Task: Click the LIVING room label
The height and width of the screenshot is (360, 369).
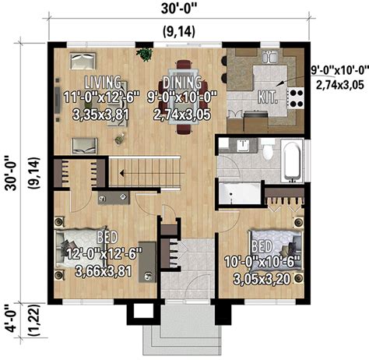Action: pos(103,83)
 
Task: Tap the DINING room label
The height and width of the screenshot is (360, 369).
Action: pos(181,83)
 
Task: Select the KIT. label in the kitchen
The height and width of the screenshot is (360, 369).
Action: pos(268,97)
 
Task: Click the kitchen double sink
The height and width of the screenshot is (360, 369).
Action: pos(269,57)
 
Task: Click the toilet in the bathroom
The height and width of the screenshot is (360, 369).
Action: pos(268,150)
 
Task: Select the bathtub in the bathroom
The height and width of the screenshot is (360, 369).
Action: pos(293,161)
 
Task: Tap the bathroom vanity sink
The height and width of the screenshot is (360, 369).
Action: pos(243,146)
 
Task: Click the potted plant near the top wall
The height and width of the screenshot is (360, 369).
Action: pos(144,55)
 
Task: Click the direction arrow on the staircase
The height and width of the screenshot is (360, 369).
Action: pos(153,173)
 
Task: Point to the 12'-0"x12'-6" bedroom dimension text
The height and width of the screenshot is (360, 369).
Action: pos(104,254)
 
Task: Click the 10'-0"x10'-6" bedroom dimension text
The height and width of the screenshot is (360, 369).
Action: pos(262,262)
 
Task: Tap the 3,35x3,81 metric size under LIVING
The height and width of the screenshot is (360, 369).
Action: pos(100,115)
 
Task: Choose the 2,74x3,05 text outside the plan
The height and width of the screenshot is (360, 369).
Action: pos(340,85)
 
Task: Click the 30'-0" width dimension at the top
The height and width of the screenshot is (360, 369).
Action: pos(179,9)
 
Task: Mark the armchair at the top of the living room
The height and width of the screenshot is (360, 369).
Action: pos(83,61)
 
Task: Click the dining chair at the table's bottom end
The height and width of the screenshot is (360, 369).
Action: pos(184,129)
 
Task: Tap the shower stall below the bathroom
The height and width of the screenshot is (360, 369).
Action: pos(239,193)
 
